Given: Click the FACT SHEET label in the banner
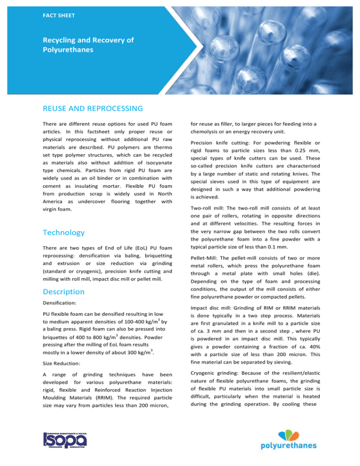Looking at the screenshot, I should pos(59,15).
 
